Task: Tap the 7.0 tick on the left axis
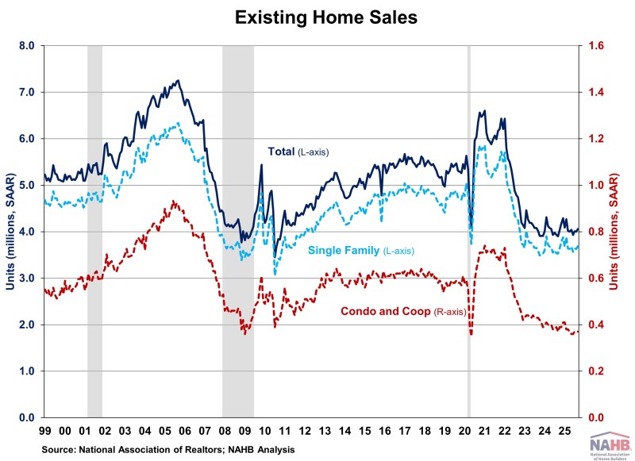(x=27, y=92)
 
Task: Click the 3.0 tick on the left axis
(x=27, y=279)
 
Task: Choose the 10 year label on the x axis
(x=263, y=433)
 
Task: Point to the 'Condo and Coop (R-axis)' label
(x=403, y=311)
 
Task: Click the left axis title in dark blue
(x=10, y=232)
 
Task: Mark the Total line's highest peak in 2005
(x=178, y=80)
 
